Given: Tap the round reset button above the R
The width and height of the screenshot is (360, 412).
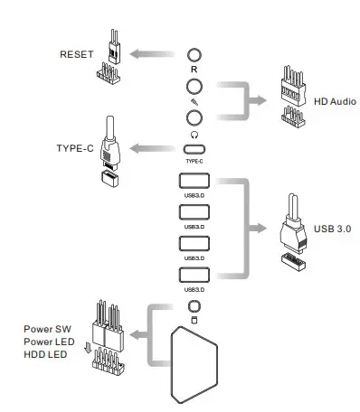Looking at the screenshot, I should [194, 54].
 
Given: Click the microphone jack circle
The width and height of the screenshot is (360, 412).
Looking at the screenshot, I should [194, 87].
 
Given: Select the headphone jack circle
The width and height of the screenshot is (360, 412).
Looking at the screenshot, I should [194, 117].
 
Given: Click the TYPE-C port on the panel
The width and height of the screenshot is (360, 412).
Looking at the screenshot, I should [194, 149].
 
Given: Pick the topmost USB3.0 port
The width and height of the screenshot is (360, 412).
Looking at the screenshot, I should [194, 179].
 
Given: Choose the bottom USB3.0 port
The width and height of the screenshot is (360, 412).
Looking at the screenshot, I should [194, 276].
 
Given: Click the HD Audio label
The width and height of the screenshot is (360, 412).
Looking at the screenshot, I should [333, 101].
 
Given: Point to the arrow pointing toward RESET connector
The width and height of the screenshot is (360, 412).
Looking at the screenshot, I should [137, 54].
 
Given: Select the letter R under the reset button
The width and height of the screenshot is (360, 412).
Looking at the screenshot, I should [194, 69].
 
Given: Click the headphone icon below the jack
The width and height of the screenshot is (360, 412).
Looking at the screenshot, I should [194, 133].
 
